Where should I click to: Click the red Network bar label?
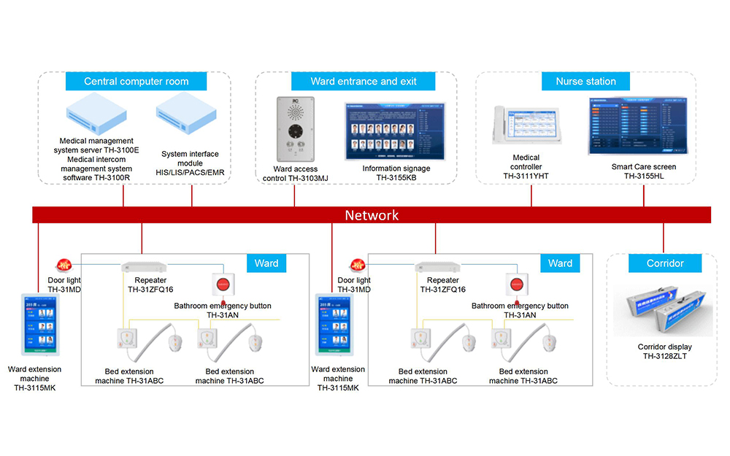pos(372,215)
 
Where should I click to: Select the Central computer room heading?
pos(137,82)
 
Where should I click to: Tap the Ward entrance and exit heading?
pos(364,81)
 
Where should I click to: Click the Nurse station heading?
pos(585,82)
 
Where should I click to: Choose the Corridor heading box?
pos(665,263)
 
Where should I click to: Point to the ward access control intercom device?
pos(295,128)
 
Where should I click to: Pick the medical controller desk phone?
pos(526,128)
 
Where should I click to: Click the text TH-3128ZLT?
pos(664,356)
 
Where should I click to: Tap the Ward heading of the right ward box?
pos(560,263)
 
